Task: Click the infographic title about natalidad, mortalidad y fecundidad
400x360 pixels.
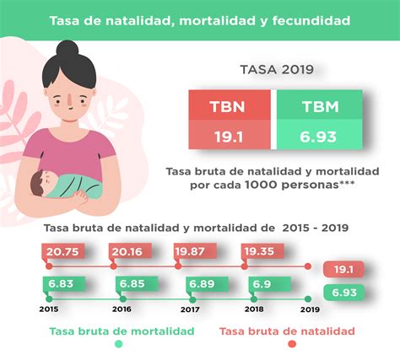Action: [x=199, y=19]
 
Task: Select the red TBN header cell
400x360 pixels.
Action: [x=230, y=108]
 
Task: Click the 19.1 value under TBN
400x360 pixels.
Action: [x=230, y=135]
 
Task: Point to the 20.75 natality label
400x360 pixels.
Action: [x=63, y=251]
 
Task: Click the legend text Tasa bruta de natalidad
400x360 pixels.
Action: [x=288, y=331]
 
